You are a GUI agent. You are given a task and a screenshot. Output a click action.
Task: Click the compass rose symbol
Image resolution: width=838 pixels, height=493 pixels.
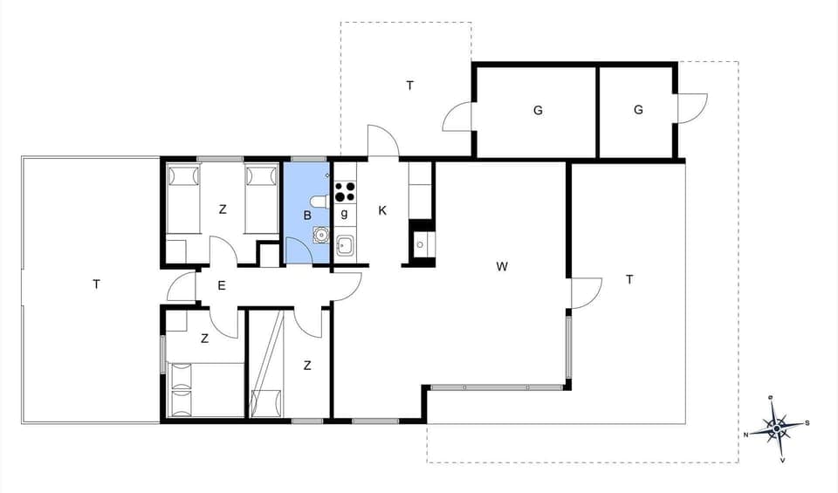tap(776, 428)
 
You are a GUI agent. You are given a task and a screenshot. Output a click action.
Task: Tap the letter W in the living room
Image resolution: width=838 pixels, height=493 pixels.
tap(502, 266)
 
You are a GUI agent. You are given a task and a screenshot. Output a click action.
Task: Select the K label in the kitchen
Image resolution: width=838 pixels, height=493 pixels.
tap(382, 210)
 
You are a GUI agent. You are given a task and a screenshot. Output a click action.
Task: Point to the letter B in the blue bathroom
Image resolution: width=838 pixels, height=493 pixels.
tap(307, 214)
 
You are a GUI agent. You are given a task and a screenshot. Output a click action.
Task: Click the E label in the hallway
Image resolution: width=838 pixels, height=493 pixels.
tap(222, 285)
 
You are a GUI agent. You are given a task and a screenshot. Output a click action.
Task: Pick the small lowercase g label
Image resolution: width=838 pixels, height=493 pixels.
tap(345, 214)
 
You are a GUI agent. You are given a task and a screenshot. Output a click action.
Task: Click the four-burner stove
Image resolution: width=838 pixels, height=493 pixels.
tap(344, 189)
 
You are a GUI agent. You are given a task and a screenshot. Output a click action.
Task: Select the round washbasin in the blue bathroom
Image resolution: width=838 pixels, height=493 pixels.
tap(321, 234)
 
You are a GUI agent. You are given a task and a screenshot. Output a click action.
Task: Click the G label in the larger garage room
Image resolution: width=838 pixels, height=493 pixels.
tap(538, 110)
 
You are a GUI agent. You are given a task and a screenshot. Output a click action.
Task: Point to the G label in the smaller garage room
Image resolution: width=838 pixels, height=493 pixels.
tap(638, 110)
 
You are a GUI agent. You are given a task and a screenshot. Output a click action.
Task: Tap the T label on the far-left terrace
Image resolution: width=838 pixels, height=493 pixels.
tap(96, 284)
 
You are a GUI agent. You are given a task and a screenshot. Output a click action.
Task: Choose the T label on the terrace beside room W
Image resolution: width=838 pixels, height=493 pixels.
tap(628, 279)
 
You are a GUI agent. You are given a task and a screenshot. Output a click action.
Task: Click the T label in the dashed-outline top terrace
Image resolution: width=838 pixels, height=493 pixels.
tap(409, 86)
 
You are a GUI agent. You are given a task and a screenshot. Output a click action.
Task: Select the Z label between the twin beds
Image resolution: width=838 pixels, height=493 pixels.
tap(223, 209)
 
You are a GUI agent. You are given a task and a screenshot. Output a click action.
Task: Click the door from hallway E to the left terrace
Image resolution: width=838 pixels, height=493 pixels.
tap(183, 288)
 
